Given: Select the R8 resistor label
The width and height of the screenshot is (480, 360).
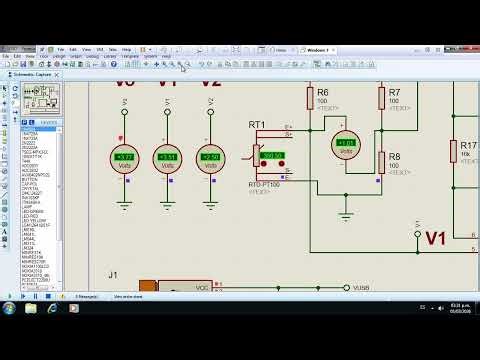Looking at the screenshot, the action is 395,157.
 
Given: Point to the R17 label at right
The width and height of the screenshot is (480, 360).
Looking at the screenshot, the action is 468,145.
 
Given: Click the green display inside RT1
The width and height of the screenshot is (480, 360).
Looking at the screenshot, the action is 271,156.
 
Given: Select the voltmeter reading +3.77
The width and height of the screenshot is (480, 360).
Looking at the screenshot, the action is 124,158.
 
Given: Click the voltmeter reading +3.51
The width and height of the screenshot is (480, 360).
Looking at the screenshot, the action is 167,158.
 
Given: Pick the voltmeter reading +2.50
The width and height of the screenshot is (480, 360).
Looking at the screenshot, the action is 210,158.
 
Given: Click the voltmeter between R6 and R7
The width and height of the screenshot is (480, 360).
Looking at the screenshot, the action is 346,144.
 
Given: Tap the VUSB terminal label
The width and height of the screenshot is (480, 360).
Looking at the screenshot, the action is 362,287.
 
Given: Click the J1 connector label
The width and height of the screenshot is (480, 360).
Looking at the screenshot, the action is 113,273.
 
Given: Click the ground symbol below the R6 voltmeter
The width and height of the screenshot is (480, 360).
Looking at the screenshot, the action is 346,212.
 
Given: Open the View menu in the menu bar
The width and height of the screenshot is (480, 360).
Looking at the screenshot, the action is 86,49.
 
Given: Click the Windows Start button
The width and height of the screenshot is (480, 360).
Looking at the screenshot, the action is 9,308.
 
